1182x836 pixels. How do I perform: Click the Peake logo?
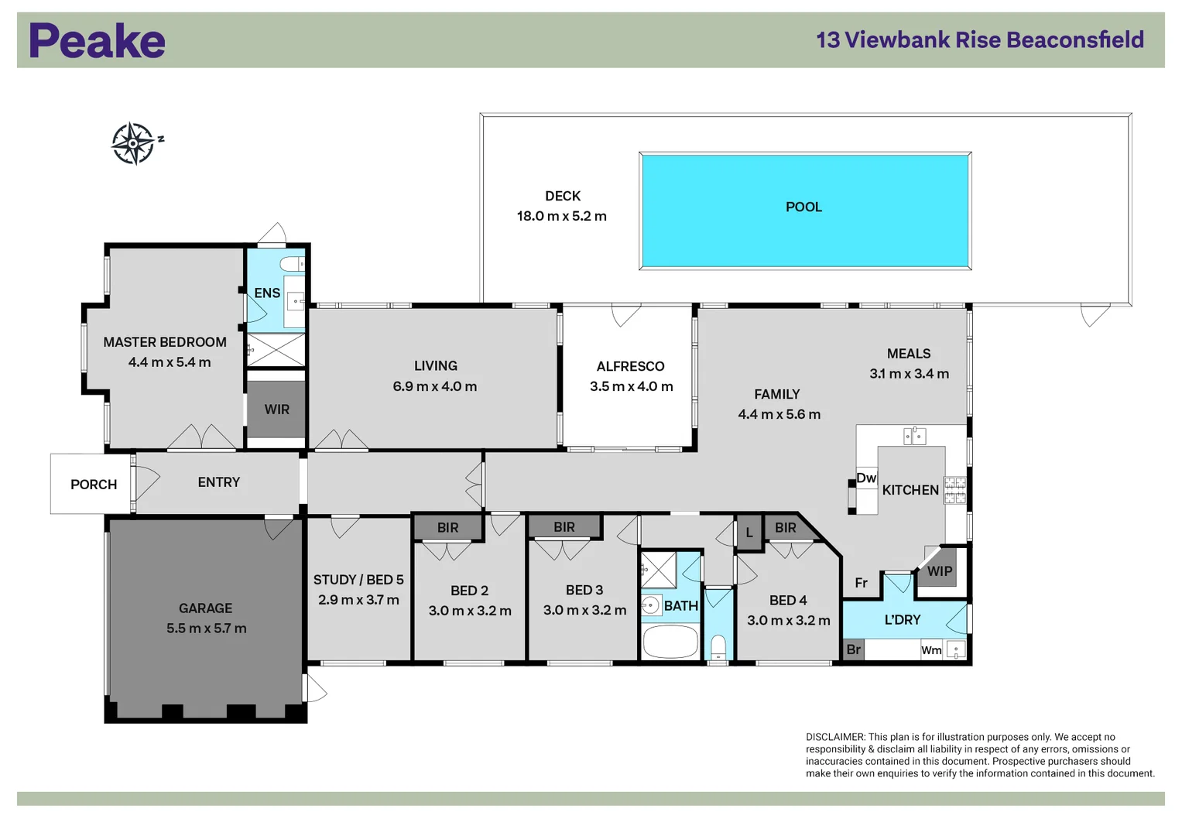pyautogui.click(x=97, y=40)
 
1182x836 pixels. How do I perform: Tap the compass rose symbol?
pyautogui.click(x=134, y=143)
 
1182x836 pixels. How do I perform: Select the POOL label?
pyautogui.click(x=803, y=207)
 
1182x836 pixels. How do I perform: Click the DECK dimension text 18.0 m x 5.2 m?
pyautogui.click(x=561, y=217)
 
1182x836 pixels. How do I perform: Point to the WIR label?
pyautogui.click(x=276, y=409)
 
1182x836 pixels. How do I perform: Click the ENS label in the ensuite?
pyautogui.click(x=267, y=293)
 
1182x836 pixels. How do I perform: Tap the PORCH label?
pyautogui.click(x=94, y=485)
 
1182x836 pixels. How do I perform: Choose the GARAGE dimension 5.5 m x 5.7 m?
pyautogui.click(x=206, y=629)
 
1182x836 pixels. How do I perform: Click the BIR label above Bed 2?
pyautogui.click(x=447, y=528)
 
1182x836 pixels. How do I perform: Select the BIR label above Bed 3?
pyautogui.click(x=564, y=527)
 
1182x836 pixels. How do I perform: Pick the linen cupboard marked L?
pyautogui.click(x=749, y=533)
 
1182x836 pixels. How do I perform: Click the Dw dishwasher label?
pyautogui.click(x=866, y=478)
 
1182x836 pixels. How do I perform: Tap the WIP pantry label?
pyautogui.click(x=939, y=571)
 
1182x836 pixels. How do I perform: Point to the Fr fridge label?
pyautogui.click(x=861, y=583)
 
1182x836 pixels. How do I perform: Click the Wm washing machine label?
pyautogui.click(x=931, y=650)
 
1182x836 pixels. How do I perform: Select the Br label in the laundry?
pyautogui.click(x=853, y=649)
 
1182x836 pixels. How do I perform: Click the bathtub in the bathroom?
pyautogui.click(x=670, y=642)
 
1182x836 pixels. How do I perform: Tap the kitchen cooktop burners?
pyautogui.click(x=955, y=490)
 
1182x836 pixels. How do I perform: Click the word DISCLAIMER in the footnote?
pyautogui.click(x=835, y=737)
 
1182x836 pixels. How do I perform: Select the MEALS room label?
pyautogui.click(x=909, y=354)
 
